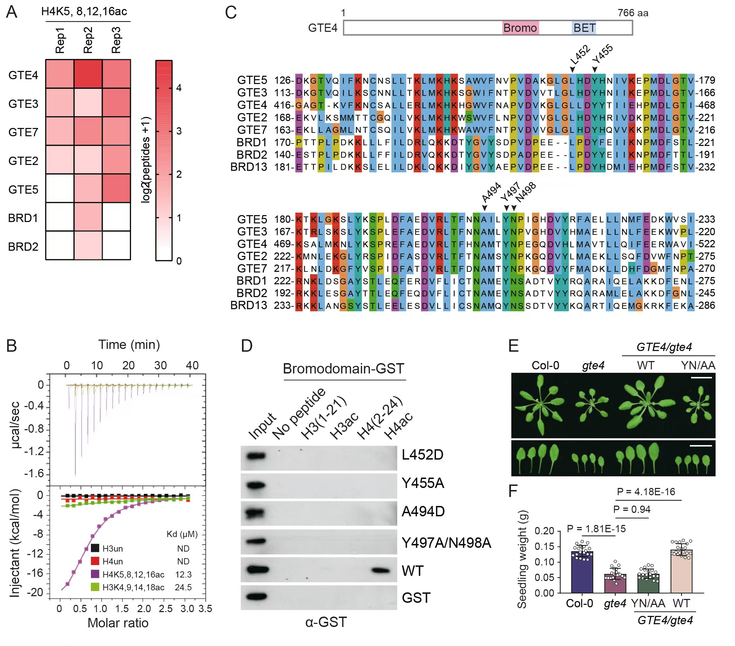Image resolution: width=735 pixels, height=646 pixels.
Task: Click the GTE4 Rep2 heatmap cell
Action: (x=88, y=74)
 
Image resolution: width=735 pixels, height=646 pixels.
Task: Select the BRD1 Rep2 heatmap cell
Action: (x=88, y=216)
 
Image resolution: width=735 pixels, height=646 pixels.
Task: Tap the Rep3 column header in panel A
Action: (x=116, y=40)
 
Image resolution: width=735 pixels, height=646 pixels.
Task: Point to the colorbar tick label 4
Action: (x=179, y=88)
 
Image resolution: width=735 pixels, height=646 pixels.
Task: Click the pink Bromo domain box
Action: (x=520, y=28)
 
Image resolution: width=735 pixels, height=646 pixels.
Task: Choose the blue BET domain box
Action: (x=584, y=28)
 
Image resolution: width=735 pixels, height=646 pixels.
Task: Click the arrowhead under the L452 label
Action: (x=572, y=70)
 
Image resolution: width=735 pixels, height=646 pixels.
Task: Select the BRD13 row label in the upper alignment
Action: (x=249, y=167)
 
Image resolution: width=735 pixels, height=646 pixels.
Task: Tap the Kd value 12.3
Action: (x=183, y=574)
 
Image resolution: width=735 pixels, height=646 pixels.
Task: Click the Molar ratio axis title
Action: (x=118, y=622)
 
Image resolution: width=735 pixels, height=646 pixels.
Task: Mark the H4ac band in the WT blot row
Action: (x=380, y=570)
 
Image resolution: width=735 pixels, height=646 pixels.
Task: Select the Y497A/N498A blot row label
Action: (x=446, y=543)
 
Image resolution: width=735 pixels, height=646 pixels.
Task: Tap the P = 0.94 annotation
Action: (x=631, y=509)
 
